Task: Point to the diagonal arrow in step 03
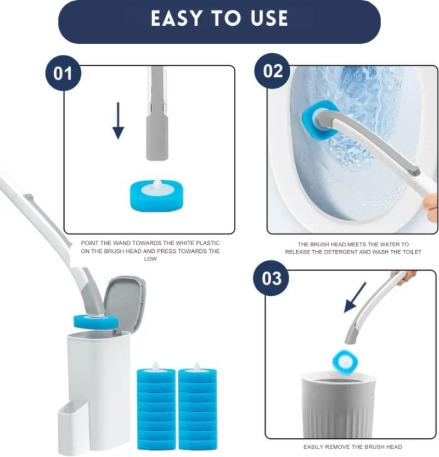tap(356, 297)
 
